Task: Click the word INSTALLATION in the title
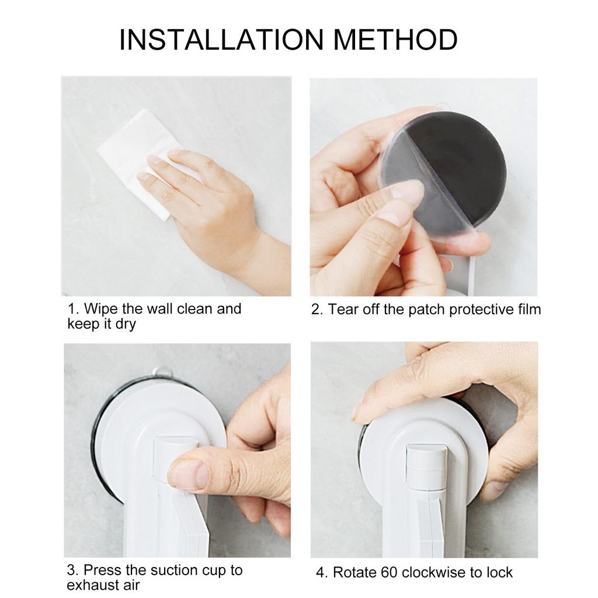click(x=221, y=40)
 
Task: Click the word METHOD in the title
click(x=395, y=40)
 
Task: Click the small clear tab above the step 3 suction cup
click(x=162, y=371)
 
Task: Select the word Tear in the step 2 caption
click(x=343, y=310)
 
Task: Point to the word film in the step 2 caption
click(x=526, y=310)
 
